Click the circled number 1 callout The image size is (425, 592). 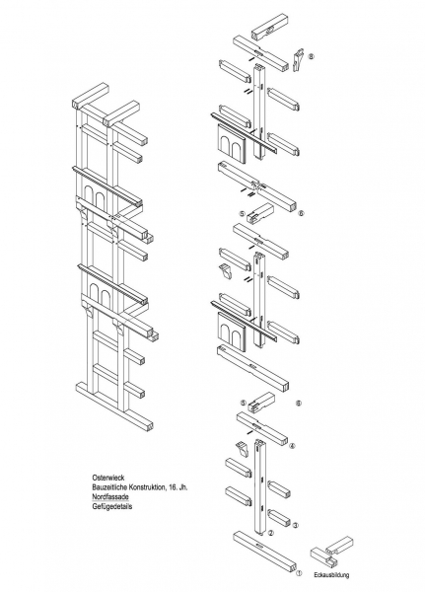299,573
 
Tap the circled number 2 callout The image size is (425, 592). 270,533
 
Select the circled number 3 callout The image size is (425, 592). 296,525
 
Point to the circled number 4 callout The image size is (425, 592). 292,446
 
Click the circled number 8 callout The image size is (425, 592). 311,56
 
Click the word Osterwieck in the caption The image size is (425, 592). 107,478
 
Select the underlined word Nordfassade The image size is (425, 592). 110,496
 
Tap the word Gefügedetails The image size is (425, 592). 112,506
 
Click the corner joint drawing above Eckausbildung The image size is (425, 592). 331,552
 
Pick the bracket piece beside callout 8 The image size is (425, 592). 298,59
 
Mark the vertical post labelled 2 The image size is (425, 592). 260,487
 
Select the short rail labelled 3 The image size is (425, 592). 279,518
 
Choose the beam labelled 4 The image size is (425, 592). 262,429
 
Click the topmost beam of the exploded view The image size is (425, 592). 268,28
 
